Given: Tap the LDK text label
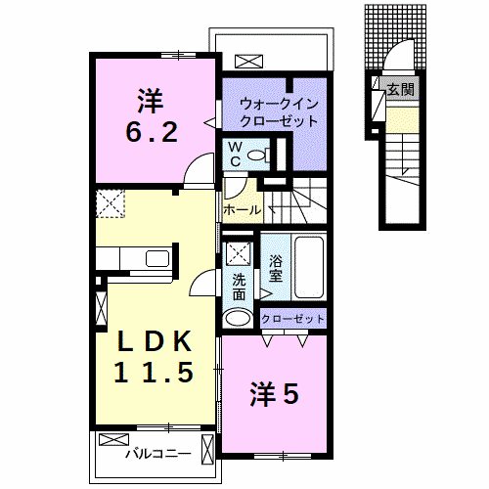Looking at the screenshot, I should (151, 341).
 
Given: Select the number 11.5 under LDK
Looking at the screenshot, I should (151, 372).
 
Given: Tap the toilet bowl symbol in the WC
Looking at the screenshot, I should (258, 155).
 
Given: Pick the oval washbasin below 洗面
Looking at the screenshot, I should (238, 318).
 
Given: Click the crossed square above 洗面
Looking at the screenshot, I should (239, 253).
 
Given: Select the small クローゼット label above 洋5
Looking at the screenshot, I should (292, 319).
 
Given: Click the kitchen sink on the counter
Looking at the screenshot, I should (156, 259).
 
